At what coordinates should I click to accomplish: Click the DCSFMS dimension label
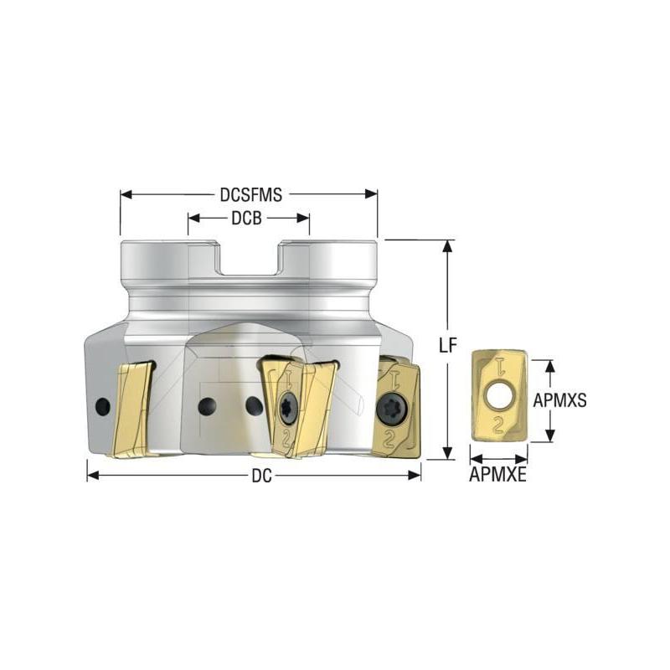[x=250, y=194]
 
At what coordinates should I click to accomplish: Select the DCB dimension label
[x=249, y=219]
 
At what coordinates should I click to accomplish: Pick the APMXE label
[x=497, y=478]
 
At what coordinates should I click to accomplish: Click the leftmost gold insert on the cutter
[x=132, y=410]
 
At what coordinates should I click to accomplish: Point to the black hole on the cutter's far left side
[x=102, y=406]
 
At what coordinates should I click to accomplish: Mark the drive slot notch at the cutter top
[x=249, y=260]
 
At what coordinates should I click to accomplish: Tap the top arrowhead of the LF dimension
[x=449, y=245]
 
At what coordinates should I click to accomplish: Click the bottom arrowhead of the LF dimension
[x=449, y=454]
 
